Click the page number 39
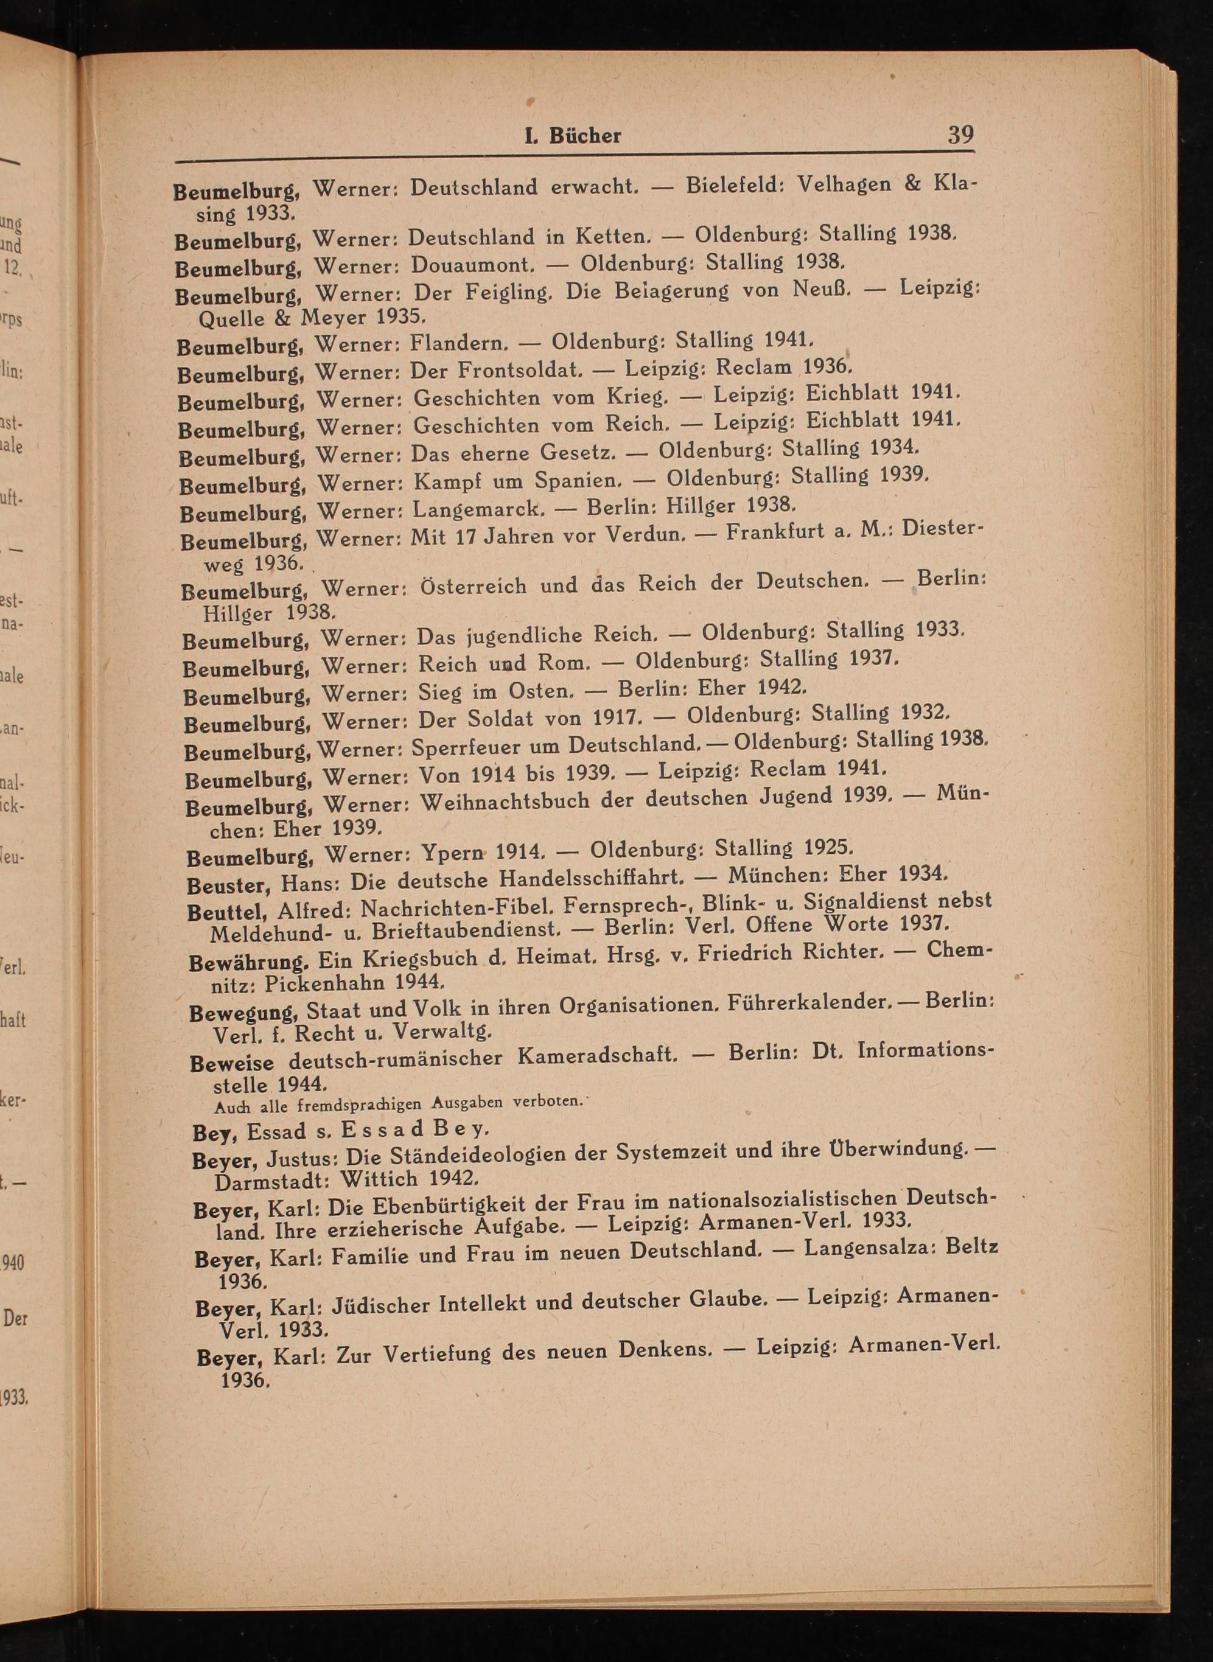[960, 134]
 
